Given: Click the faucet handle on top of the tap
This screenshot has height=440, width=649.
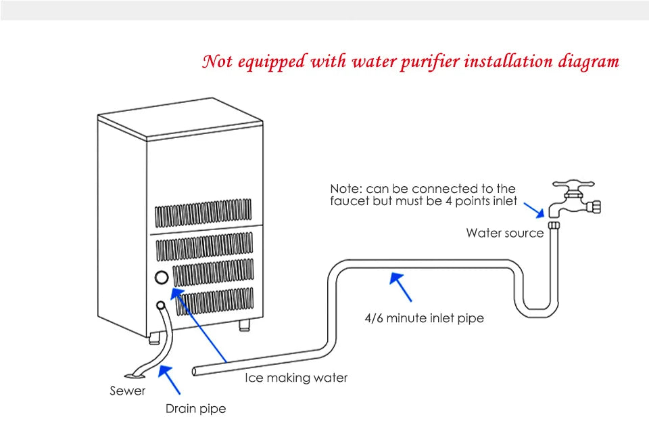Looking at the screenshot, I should (573, 183).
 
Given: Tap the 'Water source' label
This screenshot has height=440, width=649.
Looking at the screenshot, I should (504, 234).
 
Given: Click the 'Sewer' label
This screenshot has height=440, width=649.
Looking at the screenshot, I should (128, 391).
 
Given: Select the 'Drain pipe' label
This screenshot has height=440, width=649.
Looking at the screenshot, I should (196, 408).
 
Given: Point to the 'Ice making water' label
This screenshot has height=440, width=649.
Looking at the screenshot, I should (296, 378).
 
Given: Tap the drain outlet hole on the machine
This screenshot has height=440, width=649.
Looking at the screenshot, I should (162, 306).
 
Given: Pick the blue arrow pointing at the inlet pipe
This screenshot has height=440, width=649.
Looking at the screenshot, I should (401, 287).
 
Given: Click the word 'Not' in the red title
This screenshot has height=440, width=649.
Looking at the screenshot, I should (218, 62).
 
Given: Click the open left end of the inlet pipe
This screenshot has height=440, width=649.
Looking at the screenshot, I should (195, 370).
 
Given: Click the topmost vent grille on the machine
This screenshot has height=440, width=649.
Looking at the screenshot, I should (203, 213).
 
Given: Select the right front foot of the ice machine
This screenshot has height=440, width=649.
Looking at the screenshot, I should (243, 327).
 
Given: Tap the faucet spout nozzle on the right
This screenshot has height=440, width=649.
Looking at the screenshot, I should (594, 206).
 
